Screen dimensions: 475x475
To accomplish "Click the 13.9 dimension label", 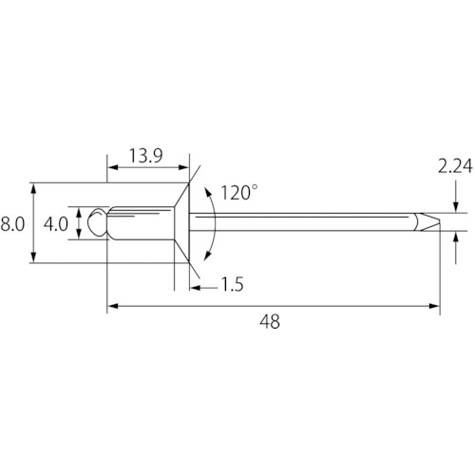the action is [146, 156].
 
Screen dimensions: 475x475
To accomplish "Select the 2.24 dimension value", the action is [455, 166].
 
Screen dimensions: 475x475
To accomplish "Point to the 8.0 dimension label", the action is [12, 224].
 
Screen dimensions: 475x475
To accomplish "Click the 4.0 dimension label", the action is [56, 224].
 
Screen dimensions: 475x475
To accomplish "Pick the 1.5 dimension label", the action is [232, 284].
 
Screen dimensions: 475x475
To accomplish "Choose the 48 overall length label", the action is [270, 322].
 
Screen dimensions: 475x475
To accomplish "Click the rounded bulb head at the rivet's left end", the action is [97, 222].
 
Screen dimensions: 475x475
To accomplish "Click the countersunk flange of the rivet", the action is [182, 222].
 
